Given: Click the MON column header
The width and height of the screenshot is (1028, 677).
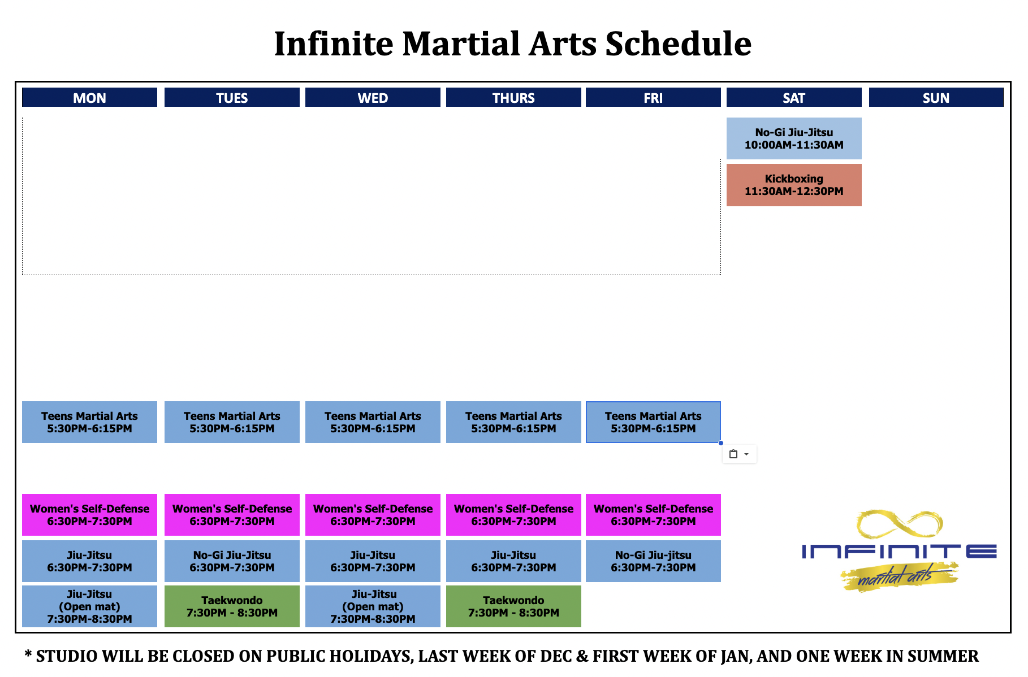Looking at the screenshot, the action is click(89, 97).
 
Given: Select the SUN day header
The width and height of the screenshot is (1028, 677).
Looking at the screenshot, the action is click(936, 97).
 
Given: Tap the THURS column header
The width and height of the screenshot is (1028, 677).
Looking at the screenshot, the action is click(513, 97).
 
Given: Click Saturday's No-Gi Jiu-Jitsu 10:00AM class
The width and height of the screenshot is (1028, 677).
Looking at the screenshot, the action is click(794, 138).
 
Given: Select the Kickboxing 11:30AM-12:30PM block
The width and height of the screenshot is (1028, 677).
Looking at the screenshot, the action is click(794, 185).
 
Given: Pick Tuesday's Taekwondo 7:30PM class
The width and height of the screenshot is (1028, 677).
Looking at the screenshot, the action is click(232, 606).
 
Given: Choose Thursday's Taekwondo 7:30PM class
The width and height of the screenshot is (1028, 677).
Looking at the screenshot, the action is click(513, 606).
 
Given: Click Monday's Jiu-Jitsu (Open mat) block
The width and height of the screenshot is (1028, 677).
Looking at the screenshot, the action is click(89, 606).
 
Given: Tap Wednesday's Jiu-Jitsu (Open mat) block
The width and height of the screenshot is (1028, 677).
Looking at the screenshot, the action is click(373, 606).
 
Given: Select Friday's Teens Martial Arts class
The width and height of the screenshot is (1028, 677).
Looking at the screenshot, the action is click(653, 422).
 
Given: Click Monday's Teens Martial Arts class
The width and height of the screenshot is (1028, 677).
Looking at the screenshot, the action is click(89, 422).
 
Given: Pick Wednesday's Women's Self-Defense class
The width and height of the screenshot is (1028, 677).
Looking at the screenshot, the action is click(373, 515).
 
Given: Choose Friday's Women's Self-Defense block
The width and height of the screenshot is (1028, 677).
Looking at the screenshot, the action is click(653, 515).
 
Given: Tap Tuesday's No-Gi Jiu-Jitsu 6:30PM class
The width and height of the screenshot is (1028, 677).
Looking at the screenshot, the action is click(232, 561).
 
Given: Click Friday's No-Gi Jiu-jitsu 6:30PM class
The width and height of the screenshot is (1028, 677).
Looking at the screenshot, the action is click(653, 561).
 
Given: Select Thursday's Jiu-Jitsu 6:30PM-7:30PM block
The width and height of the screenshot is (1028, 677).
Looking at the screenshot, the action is click(513, 561).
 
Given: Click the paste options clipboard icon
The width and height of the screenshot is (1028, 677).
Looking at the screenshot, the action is click(733, 454).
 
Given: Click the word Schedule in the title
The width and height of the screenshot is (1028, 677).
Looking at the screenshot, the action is click(678, 44).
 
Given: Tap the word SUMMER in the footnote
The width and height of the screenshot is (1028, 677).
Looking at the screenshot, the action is click(943, 656).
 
